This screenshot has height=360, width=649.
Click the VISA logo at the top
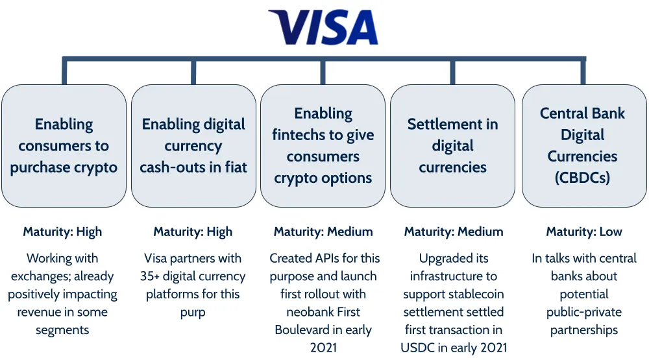pyautogui.click(x=323, y=27)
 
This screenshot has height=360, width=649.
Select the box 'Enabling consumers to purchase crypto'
pyautogui.click(x=64, y=146)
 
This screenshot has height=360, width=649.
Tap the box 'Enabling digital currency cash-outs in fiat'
pyautogui.click(x=193, y=146)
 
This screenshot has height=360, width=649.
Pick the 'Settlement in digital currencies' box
pyautogui.click(x=452, y=146)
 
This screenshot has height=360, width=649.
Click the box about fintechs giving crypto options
pyautogui.click(x=323, y=146)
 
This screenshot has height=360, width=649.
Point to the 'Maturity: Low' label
pyautogui.click(x=583, y=232)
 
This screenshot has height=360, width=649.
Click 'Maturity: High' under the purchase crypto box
pyautogui.click(x=62, y=232)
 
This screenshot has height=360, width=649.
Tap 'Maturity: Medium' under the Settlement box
pyautogui.click(x=453, y=232)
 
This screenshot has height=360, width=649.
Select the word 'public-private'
pyautogui.click(x=583, y=312)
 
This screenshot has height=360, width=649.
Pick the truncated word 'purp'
pyautogui.click(x=193, y=312)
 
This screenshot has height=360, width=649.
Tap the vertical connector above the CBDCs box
pyautogui.click(x=583, y=71)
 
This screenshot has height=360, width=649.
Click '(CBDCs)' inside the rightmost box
pyautogui.click(x=582, y=177)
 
